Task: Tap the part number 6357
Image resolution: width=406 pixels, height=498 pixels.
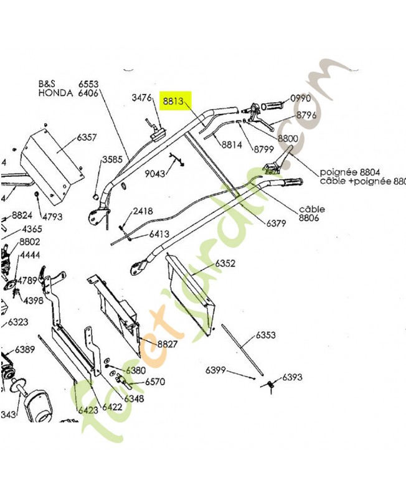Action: click(x=87, y=137)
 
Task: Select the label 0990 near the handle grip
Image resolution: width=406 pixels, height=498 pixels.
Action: click(x=300, y=98)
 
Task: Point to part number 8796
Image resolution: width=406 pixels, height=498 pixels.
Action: click(x=306, y=115)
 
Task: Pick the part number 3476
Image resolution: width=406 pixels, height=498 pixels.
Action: click(x=142, y=98)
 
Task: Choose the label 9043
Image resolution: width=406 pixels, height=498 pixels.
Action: click(x=155, y=174)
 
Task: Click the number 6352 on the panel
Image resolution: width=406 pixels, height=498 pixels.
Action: click(x=225, y=264)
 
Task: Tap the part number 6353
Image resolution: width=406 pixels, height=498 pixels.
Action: click(x=265, y=336)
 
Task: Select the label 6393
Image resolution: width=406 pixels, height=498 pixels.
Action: click(x=292, y=377)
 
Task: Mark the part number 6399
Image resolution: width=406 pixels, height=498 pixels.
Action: click(x=216, y=370)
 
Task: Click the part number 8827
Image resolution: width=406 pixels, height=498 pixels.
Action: click(x=168, y=344)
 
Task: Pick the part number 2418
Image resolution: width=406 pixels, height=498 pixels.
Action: click(x=143, y=211)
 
